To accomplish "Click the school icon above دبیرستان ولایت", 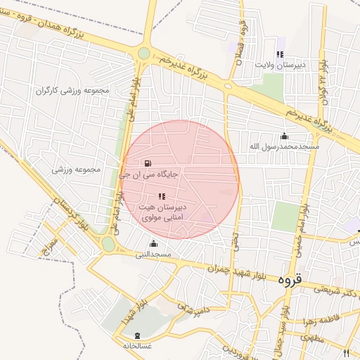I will (x=280, y=53).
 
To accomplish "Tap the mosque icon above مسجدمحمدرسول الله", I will (x=284, y=136).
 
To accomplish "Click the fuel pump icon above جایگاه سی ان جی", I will (x=148, y=163).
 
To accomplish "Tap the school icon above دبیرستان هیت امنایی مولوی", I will (x=162, y=196).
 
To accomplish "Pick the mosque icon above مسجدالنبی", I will (x=153, y=244).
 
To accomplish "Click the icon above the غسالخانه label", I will (x=136, y=335).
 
